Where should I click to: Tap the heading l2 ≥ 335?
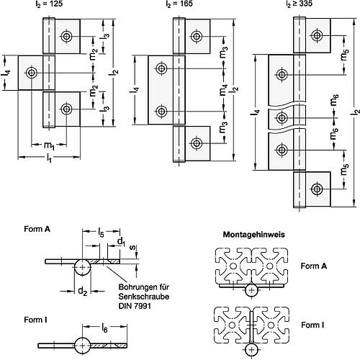pyautogui.click(x=297, y=5)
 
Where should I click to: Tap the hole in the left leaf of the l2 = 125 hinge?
pyautogui.click(x=32, y=72)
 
